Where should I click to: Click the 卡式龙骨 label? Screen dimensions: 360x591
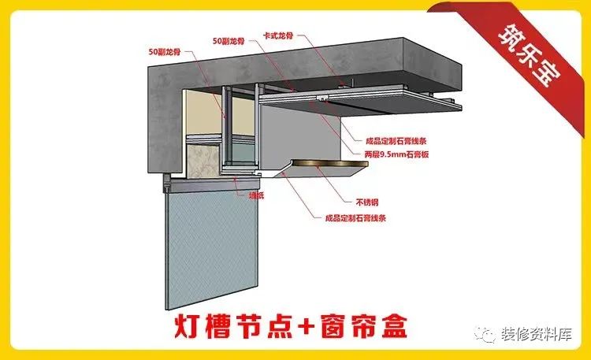(x=280, y=37)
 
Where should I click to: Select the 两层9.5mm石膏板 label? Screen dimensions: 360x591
(x=393, y=155)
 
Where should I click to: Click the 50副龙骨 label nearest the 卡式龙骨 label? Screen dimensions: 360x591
(x=229, y=39)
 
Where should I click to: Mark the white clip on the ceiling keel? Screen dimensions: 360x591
(x=322, y=98)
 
